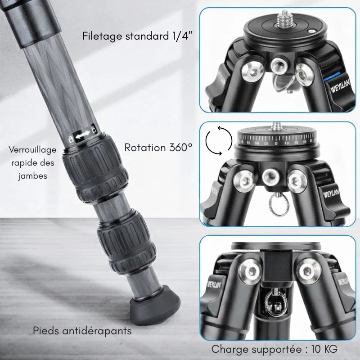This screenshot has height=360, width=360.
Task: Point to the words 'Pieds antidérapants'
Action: pos(82,331)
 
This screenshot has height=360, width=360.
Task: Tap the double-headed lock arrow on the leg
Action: pos(81,135)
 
